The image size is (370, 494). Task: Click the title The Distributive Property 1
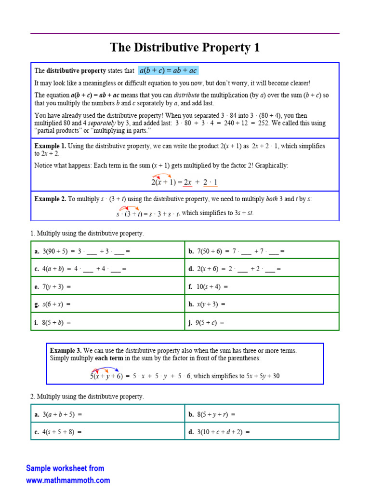(185, 47)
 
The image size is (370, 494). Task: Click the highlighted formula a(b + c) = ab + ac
(168, 71)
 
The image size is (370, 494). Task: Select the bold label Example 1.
(50, 146)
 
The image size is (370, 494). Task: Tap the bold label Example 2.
(50, 198)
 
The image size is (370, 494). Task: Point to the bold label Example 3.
(66, 351)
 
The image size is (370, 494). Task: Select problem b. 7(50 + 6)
(237, 251)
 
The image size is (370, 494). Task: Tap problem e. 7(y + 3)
(53, 287)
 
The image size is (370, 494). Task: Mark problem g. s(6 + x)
(53, 304)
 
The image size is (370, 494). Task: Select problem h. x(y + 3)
(207, 304)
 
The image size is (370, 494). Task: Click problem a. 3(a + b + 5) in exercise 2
(58, 414)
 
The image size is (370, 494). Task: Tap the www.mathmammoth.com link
(68, 480)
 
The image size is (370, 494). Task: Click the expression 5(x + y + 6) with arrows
(106, 376)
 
